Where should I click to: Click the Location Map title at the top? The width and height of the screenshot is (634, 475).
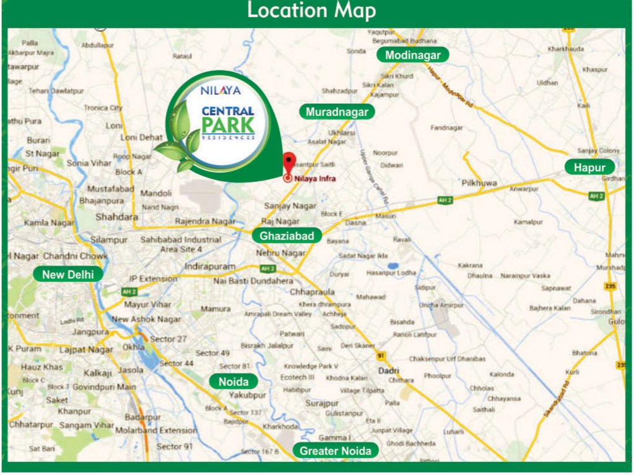[311, 11]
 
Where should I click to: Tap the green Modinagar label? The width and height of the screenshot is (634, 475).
[413, 55]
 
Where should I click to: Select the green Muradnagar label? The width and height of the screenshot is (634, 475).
[337, 112]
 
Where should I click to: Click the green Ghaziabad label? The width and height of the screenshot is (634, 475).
[287, 235]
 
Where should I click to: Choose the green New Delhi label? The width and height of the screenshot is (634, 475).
[68, 274]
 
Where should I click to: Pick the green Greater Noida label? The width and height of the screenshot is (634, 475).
[336, 451]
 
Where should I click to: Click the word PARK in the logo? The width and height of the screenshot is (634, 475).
[228, 126]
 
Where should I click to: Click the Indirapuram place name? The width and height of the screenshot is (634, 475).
[210, 266]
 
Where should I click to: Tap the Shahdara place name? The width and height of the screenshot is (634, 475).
[116, 217]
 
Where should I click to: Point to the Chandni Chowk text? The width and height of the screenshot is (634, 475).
[76, 255]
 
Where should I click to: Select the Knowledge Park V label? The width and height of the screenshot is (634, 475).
[311, 366]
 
